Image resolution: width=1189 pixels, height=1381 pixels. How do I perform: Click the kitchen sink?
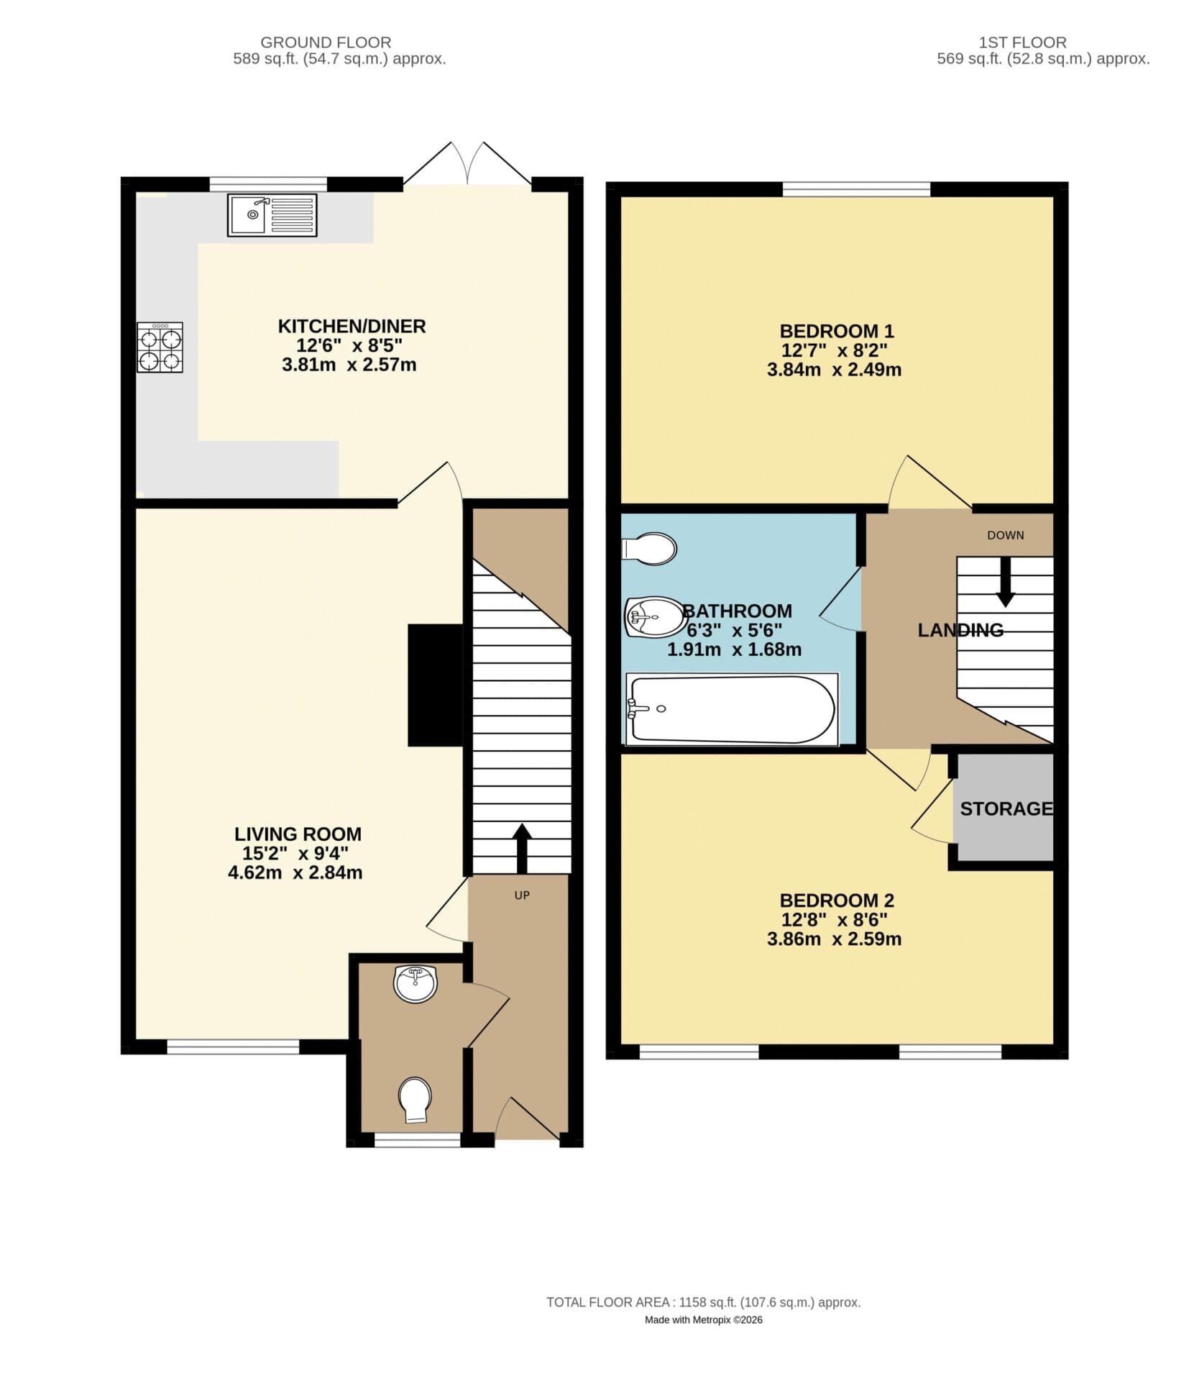[x=271, y=215]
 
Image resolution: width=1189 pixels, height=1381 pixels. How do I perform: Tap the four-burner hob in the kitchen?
[x=160, y=347]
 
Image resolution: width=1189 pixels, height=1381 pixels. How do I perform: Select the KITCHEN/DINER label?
[x=352, y=326]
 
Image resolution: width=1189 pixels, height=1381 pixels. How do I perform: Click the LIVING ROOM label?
[x=298, y=834]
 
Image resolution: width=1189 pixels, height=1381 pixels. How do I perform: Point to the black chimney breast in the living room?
[x=434, y=684]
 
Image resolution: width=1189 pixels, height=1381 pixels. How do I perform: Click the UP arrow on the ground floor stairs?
[x=521, y=847]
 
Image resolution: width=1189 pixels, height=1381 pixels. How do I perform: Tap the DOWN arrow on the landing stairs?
[x=1005, y=581]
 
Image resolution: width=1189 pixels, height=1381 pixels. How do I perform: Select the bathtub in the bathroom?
[x=731, y=708]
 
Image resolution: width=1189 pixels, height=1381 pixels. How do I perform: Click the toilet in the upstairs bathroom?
[x=650, y=549]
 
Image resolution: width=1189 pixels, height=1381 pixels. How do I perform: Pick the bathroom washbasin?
[x=653, y=616]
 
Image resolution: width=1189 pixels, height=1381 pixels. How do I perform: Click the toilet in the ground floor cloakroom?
[x=416, y=1098]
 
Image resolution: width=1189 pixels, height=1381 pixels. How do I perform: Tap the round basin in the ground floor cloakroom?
[x=415, y=983]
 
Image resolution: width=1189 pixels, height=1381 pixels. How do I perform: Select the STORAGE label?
[x=1006, y=808]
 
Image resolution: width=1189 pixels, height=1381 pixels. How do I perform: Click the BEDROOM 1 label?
[x=837, y=331]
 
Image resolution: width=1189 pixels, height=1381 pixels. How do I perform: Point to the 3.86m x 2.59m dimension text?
[x=834, y=939]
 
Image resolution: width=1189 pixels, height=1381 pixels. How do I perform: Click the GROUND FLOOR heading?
[x=326, y=42]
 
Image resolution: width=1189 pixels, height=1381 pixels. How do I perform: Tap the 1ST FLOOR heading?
[x=1022, y=42]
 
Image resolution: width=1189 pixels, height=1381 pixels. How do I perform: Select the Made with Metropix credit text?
[x=703, y=1340]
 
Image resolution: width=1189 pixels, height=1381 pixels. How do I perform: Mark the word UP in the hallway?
[x=522, y=895]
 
